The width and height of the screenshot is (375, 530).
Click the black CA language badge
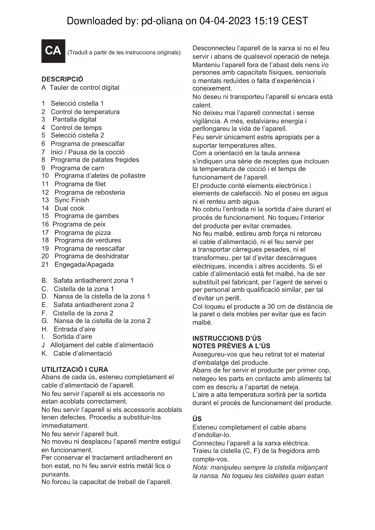click(x=53, y=51)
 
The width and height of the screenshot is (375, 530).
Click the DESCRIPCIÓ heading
click(x=62, y=79)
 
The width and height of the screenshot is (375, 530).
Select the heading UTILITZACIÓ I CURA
click(x=75, y=369)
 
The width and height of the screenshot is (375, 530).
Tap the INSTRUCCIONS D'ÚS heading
click(x=227, y=338)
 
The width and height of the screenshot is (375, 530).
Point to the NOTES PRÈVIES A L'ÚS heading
click(x=231, y=346)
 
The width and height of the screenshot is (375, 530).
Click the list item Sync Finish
click(x=72, y=200)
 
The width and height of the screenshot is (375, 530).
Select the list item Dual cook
click(x=69, y=208)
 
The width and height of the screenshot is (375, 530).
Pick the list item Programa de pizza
click(x=82, y=233)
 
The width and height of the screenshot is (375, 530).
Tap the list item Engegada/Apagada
click(x=84, y=265)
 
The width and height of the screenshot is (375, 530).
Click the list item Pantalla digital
click(x=74, y=120)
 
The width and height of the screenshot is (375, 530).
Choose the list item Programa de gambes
click(x=86, y=216)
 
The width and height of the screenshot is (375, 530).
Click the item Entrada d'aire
click(x=74, y=329)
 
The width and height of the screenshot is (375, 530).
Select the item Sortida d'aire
click(x=72, y=337)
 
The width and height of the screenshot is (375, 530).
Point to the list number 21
click(x=45, y=265)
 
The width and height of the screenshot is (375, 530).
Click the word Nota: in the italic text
click(x=201, y=467)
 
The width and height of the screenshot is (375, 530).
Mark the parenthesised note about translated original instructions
click(x=124, y=53)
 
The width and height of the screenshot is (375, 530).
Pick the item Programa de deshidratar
click(x=91, y=256)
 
